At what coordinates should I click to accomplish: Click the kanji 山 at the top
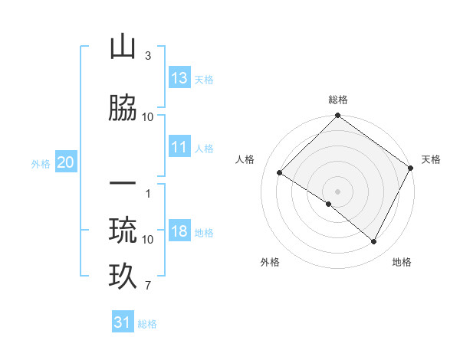point(123,48)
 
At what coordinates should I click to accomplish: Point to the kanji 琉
point(123,229)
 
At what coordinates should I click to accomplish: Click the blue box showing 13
point(179,78)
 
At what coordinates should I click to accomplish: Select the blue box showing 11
point(179,148)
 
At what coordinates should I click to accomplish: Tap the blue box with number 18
point(179,232)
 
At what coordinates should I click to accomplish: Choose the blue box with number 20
point(66,162)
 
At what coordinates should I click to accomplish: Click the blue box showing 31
point(123,322)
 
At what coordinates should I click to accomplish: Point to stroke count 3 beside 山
point(147,56)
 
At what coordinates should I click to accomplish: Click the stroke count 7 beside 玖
point(147,286)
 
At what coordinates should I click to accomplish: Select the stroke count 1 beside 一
point(147,193)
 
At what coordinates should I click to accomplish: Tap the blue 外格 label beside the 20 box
point(41,163)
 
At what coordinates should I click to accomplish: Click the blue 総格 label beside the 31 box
point(147,324)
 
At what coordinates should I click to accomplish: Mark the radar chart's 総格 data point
point(337,116)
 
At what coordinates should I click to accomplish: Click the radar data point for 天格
point(411,168)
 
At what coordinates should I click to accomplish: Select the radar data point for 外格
point(329,205)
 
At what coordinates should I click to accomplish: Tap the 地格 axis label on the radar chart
point(402,262)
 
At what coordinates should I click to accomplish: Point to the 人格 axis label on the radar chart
point(245,159)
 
